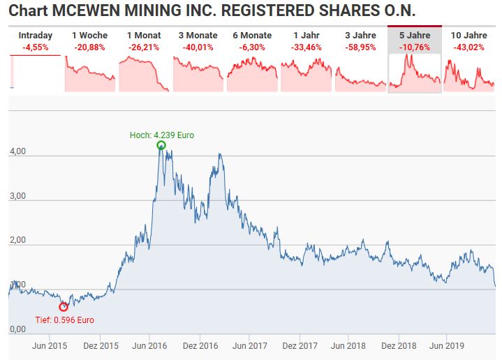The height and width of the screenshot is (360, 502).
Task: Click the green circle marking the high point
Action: pyautogui.click(x=161, y=142)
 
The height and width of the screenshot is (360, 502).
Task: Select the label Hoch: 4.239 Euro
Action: pyautogui.click(x=162, y=135)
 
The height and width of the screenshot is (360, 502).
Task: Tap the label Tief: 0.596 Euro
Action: pyautogui.click(x=65, y=320)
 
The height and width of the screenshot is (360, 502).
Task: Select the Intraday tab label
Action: pyautogui.click(x=35, y=35)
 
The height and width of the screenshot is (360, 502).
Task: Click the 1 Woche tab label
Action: pyautogui.click(x=89, y=35)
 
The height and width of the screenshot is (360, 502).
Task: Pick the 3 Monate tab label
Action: pyautogui.click(x=198, y=35)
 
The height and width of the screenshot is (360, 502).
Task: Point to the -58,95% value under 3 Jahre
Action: pyautogui.click(x=360, y=47)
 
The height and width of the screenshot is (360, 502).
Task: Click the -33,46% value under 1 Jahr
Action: pyautogui.click(x=307, y=47)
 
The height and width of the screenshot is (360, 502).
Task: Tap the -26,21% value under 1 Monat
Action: pyautogui.click(x=144, y=47)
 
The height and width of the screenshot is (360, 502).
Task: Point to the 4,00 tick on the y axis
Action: pyautogui.click(x=17, y=151)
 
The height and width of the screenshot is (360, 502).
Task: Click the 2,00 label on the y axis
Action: pyautogui.click(x=17, y=240)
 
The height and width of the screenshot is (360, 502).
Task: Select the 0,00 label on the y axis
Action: pyautogui.click(x=17, y=329)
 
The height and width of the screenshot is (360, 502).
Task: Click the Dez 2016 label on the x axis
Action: pyautogui.click(x=200, y=345)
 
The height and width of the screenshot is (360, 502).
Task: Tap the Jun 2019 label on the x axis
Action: pyautogui.click(x=447, y=345)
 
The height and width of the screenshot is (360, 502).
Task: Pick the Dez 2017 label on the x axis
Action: pyautogui.click(x=300, y=345)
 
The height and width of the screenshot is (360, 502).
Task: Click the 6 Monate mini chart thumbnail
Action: pyautogui.click(x=252, y=74)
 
